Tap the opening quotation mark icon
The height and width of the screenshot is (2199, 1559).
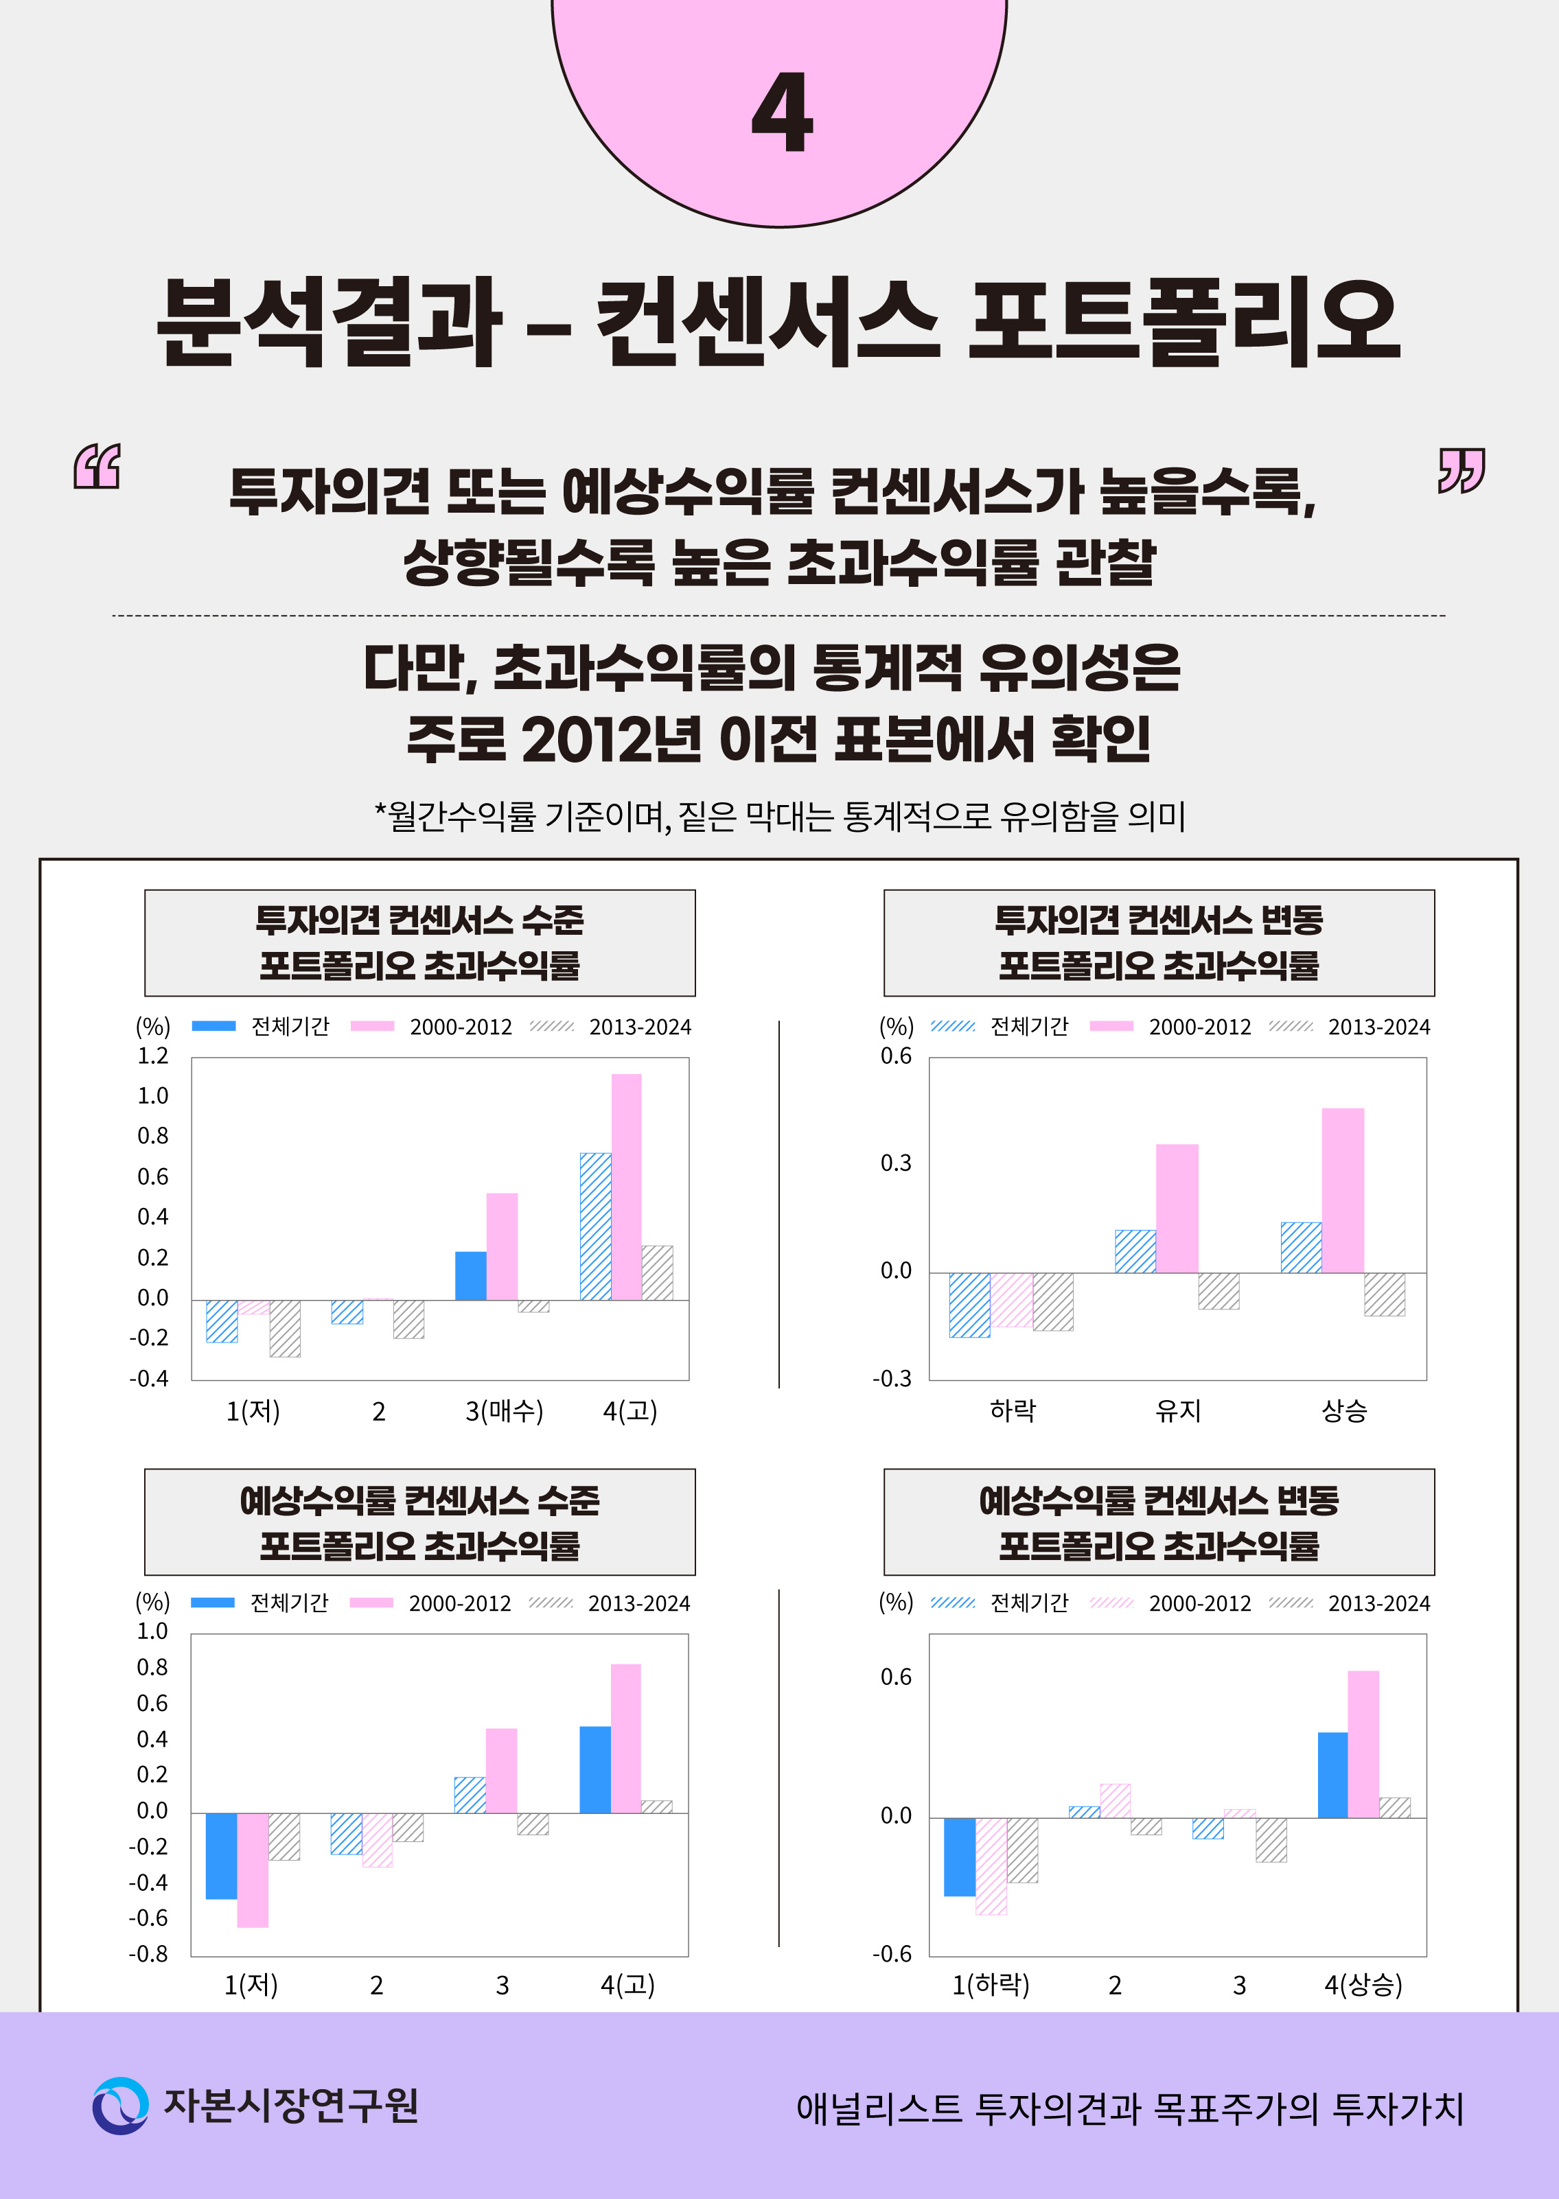(97, 467)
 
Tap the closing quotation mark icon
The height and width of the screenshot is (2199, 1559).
(1460, 470)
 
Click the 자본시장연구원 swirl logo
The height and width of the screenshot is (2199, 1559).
(120, 2105)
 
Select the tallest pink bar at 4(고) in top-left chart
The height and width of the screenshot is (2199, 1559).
(626, 1187)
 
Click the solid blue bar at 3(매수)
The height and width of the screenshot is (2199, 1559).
(470, 1276)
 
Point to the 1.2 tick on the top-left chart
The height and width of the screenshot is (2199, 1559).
(152, 1056)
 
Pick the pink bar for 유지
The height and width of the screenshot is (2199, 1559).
(1176, 1209)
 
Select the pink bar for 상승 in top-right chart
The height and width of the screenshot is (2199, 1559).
(1342, 1190)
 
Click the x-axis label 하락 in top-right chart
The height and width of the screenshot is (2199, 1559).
(1013, 1410)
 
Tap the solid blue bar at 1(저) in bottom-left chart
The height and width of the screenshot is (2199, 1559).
(221, 1855)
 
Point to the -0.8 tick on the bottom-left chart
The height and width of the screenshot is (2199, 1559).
(149, 1953)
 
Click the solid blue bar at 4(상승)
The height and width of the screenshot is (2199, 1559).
(1332, 1775)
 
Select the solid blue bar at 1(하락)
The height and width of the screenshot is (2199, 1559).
(959, 1857)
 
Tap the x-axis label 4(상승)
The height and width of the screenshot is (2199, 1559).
(1363, 1985)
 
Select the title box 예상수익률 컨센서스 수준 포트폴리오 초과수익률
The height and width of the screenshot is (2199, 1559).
(419, 1522)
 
